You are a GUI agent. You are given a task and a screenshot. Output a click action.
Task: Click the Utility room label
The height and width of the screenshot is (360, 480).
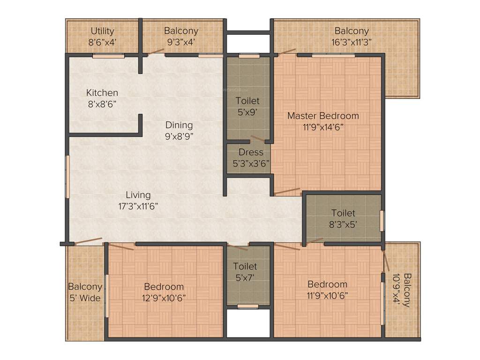coord(102,31)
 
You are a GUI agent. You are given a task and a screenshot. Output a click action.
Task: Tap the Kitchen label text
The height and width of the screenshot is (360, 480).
coord(102,93)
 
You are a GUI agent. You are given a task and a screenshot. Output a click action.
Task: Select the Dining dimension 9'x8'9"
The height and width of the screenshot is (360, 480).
coord(179,137)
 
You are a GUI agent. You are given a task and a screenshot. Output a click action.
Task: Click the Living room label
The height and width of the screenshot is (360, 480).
coord(138,195)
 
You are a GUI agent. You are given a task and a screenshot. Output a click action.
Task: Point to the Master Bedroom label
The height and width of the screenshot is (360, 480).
coord(323,116)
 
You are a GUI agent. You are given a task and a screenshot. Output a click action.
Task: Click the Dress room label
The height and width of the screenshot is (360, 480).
coord(251,152)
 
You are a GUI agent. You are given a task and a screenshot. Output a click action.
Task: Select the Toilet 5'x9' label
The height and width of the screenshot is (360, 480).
coord(247,101)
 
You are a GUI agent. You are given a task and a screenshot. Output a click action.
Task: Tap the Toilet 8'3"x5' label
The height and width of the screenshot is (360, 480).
coord(343,213)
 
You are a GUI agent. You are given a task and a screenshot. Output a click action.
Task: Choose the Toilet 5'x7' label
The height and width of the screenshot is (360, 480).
coord(246,267)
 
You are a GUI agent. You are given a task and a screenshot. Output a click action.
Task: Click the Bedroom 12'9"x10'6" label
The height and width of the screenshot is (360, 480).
coord(164,286)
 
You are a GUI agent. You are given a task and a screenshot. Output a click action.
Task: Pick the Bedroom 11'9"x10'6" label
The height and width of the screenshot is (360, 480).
coord(327,284)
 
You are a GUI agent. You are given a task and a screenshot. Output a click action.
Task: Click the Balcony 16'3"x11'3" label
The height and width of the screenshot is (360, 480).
coord(352,31)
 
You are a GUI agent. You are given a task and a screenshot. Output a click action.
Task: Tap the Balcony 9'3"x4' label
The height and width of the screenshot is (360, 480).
coord(181,31)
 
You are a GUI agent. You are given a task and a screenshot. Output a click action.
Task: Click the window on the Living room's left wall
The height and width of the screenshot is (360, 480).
coord(67,177)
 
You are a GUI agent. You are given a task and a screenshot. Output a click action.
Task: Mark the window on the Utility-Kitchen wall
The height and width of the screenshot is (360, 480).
coord(108,56)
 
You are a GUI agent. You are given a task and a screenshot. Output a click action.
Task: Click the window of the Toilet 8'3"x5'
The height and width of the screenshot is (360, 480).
coord(382,221)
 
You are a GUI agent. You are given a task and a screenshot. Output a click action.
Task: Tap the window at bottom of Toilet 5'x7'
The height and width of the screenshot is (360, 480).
coord(247,307)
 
